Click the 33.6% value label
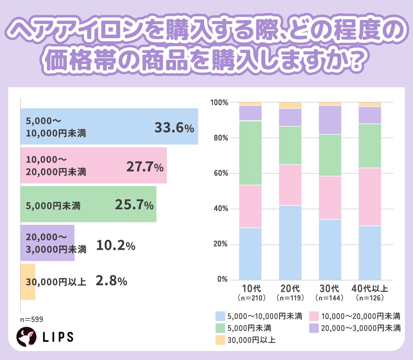pos(174,128)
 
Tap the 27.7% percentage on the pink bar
pos(145,167)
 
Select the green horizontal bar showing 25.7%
pos(88,204)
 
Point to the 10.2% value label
pos(116,245)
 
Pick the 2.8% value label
pos(111,281)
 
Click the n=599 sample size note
pos(31,319)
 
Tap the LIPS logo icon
pos(27,337)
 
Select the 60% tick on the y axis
pos(221,173)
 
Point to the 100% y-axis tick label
pos(219,103)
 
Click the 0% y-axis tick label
pos(222,279)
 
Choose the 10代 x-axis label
pos(251,288)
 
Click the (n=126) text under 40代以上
pos(370,298)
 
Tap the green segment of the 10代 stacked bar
pos(250,153)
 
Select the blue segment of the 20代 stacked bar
pos(290,243)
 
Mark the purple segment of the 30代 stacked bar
pos(330,120)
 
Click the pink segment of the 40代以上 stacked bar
pos(370,197)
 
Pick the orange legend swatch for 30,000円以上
pos(220,340)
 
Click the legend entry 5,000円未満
pos(249,328)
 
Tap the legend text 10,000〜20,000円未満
pos(361,316)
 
